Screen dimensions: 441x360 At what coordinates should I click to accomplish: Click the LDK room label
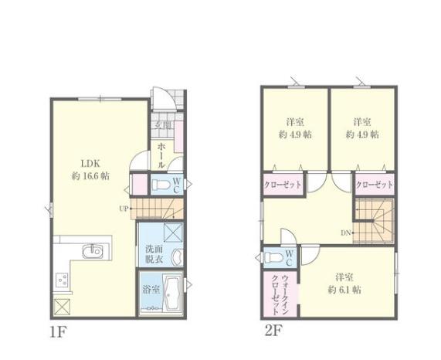[90, 164]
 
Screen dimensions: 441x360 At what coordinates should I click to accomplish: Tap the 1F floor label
[58, 333]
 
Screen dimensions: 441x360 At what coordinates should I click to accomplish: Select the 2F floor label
[273, 331]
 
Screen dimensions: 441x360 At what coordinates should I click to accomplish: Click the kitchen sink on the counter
[92, 250]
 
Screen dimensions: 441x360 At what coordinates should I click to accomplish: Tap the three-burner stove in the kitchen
[62, 280]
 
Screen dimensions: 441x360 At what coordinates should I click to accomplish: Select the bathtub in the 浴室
[173, 294]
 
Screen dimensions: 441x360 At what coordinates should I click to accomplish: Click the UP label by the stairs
[124, 209]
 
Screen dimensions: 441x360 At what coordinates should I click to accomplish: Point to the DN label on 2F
[345, 233]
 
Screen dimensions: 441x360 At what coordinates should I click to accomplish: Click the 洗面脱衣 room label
[154, 254]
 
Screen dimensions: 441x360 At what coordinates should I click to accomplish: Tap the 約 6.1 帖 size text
[344, 290]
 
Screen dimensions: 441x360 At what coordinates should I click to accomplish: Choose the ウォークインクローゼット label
[280, 295]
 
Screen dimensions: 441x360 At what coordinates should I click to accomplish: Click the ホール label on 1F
[161, 155]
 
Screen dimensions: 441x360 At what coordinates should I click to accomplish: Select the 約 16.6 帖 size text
[90, 176]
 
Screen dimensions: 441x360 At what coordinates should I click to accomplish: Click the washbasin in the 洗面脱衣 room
[177, 257]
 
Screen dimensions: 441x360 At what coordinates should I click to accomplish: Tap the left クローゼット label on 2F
[283, 185]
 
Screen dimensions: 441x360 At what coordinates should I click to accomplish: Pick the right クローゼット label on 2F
[375, 185]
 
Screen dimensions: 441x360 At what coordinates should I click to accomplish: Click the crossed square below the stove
[62, 307]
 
